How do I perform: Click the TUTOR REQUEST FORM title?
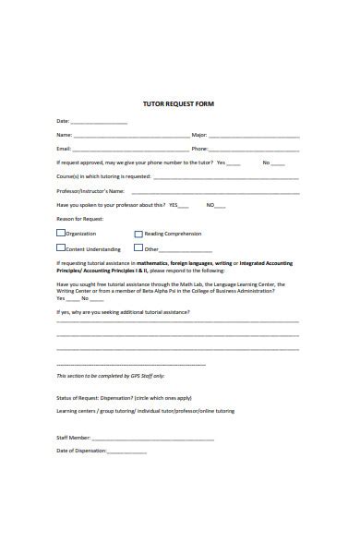pyautogui.click(x=180, y=103)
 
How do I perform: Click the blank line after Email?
pyautogui.click(x=130, y=149)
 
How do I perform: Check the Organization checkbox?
pyautogui.click(x=61, y=234)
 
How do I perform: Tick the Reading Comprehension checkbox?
pyautogui.click(x=138, y=234)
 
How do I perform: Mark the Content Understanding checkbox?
pyautogui.click(x=61, y=247)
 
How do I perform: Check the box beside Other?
pyautogui.click(x=138, y=247)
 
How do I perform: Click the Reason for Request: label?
pyautogui.click(x=80, y=219)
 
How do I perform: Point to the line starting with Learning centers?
pyautogui.click(x=146, y=410)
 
